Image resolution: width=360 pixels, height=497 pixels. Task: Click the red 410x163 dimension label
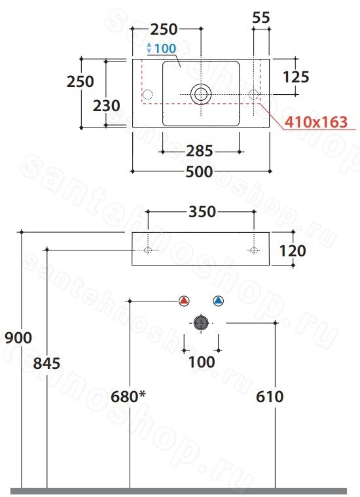point(316,122)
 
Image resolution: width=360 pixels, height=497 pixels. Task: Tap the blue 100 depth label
point(165,48)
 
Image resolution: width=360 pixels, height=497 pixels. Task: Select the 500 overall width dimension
point(199,171)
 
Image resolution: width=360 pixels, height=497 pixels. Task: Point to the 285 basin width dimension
point(199,151)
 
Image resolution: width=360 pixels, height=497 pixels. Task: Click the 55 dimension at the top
point(261,18)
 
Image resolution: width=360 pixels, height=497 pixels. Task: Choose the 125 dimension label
point(296,77)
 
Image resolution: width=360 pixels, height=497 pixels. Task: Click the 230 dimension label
point(106,106)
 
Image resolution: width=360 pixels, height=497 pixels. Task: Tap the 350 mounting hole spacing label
point(202,212)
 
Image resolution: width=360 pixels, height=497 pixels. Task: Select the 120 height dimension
point(293,250)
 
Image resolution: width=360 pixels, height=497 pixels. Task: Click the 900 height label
point(18,337)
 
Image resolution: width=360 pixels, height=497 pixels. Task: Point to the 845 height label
point(46,363)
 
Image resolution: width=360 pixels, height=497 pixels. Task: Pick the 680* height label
point(128,396)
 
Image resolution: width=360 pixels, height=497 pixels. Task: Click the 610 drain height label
point(270,396)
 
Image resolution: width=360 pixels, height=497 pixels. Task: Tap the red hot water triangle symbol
point(184,300)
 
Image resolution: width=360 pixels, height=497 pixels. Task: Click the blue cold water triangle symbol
point(218,300)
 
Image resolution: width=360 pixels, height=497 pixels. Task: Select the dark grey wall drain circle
point(201,323)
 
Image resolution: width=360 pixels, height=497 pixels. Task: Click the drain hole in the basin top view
point(201,94)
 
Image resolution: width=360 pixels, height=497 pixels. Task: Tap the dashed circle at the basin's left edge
point(147,94)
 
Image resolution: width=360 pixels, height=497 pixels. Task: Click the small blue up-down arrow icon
point(149,48)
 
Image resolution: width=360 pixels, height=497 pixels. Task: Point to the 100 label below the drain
point(202,362)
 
